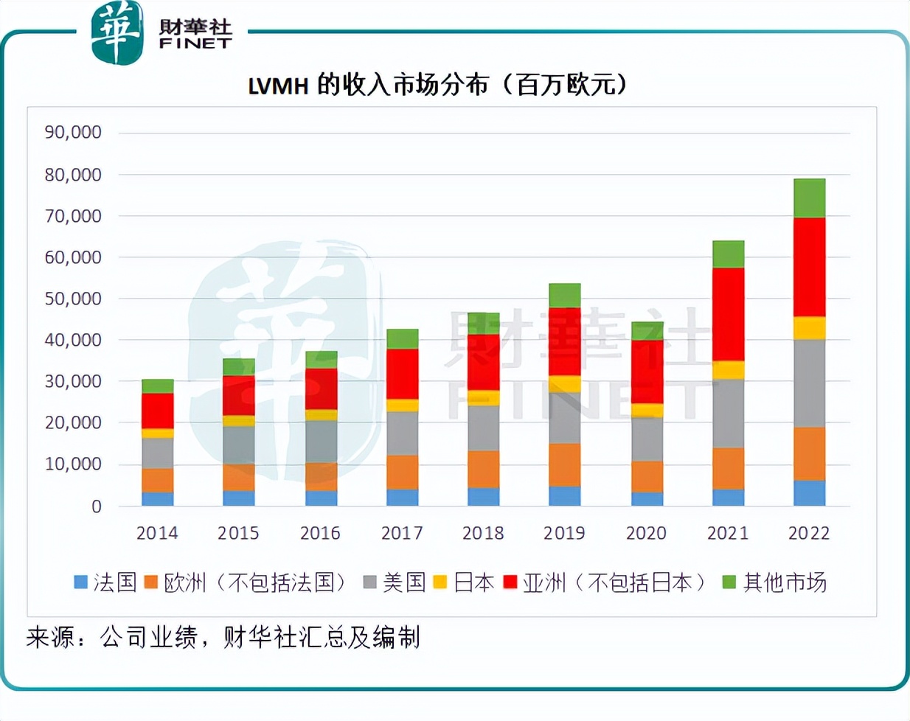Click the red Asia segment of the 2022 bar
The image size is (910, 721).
coord(809,267)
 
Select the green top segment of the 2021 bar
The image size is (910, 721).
coord(728,254)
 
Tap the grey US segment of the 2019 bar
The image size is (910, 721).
coord(564,418)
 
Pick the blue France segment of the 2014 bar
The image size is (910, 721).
coord(157,499)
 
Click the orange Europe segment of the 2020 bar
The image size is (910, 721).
coord(647,476)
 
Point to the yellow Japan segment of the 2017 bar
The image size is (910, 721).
coord(402,405)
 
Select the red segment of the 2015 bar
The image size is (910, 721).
coord(238,396)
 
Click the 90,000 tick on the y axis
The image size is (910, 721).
coord(73,133)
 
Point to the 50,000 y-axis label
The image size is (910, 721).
coord(73,299)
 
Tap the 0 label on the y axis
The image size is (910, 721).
coord(96,506)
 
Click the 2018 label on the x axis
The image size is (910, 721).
coord(483,533)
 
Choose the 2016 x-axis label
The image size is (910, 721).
coord(320,533)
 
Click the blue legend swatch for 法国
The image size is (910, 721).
coord(81,582)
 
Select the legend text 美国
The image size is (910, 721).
coord(404,582)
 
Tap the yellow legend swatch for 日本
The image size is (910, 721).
coord(440,582)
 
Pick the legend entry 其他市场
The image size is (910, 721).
coord(785,582)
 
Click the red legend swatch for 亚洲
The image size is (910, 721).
coord(510,582)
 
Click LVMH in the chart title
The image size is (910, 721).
coord(278,86)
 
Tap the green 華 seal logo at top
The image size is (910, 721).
coord(117,33)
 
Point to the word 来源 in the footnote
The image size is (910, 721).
coord(51,637)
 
